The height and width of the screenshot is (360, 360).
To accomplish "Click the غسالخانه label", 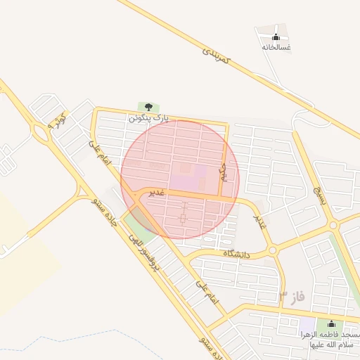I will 276,47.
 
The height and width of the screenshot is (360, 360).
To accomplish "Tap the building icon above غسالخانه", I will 276,37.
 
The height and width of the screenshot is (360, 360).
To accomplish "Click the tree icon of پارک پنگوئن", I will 148,107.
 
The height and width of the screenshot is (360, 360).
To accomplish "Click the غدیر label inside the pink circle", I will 155,192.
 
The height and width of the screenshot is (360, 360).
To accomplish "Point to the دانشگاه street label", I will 237,253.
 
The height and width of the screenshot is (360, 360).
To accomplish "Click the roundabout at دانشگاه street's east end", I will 271,250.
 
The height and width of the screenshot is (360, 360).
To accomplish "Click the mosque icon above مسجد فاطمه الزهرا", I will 330,324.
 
